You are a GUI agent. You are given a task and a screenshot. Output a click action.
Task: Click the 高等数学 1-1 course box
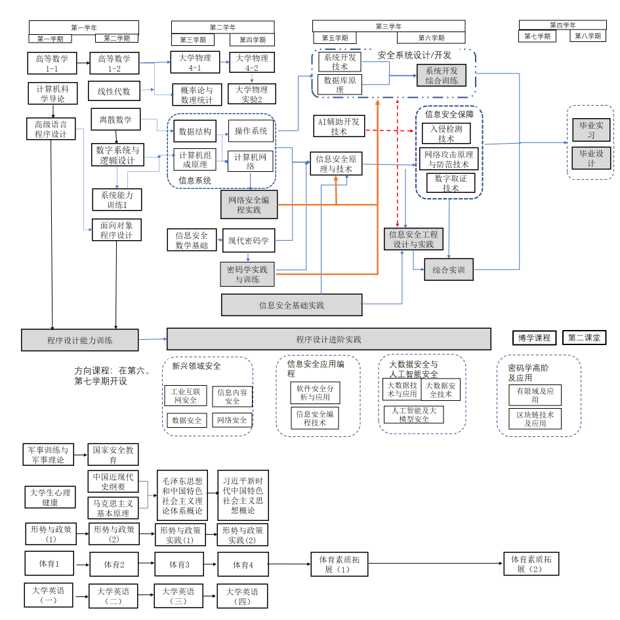[x=52, y=63]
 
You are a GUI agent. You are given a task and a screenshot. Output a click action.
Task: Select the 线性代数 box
[x=114, y=91]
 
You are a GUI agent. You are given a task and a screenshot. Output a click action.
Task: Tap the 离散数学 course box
[x=115, y=119]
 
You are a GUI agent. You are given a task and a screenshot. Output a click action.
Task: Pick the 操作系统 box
[x=251, y=131]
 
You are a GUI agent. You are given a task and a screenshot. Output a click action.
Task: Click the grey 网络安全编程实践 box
[x=249, y=205]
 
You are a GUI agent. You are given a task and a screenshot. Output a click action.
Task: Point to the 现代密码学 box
[x=248, y=241]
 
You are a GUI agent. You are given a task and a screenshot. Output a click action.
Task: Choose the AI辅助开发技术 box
[x=339, y=126]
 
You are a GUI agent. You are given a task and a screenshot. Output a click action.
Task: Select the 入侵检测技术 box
[x=446, y=133]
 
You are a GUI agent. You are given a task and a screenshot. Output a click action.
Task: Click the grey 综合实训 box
[x=449, y=270]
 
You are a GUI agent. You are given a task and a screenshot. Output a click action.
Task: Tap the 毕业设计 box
[x=591, y=158]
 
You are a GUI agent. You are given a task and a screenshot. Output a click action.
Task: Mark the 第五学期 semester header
[x=335, y=38]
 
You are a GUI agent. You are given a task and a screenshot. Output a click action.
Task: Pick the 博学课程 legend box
[x=535, y=338]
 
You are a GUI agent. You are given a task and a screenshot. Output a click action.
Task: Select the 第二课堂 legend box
[x=587, y=338]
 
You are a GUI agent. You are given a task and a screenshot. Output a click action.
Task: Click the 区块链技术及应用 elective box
[x=535, y=419]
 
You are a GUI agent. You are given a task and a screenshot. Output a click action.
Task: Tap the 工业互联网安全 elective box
[x=186, y=396]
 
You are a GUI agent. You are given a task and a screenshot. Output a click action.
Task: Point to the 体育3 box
[x=179, y=564]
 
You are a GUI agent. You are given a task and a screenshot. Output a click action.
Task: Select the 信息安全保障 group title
[x=449, y=114]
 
